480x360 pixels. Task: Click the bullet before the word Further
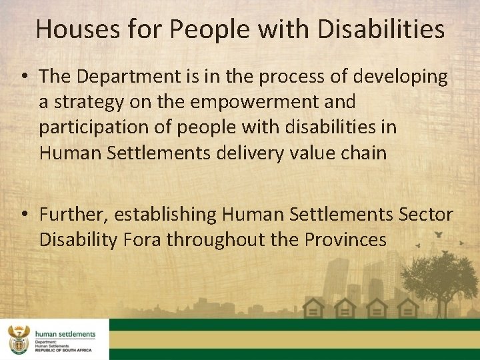coord(25,215)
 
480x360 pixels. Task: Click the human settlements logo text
coord(65,334)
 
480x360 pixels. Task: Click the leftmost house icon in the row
coord(313,308)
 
